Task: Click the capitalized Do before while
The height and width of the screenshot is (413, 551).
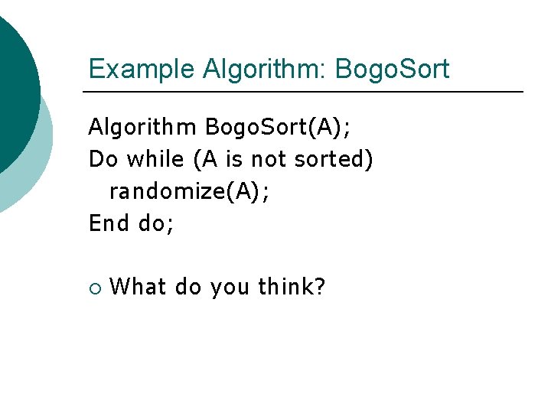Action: tap(103, 159)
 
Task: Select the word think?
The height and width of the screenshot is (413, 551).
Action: tap(292, 288)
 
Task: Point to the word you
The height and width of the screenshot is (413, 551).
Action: tap(229, 288)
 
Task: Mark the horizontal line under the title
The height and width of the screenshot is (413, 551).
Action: tap(303, 92)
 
